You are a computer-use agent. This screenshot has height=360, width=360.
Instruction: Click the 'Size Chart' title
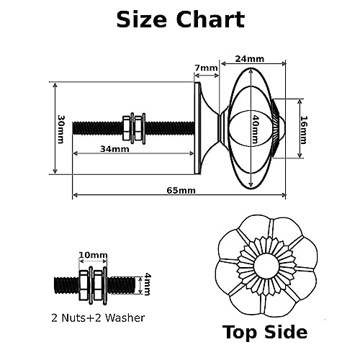point(181,19)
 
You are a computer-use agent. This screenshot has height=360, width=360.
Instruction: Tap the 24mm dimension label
point(250,59)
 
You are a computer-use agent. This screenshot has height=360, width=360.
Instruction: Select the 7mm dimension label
point(206,68)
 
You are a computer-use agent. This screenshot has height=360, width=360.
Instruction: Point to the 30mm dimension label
point(61,129)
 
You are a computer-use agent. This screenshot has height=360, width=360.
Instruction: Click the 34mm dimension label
point(114,149)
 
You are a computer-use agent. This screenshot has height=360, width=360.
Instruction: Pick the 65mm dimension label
point(181,191)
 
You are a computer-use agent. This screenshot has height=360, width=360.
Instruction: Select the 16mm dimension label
point(304,130)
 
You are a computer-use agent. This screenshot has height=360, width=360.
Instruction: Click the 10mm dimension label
point(93,255)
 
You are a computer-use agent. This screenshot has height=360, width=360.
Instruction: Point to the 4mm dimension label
point(147,284)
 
